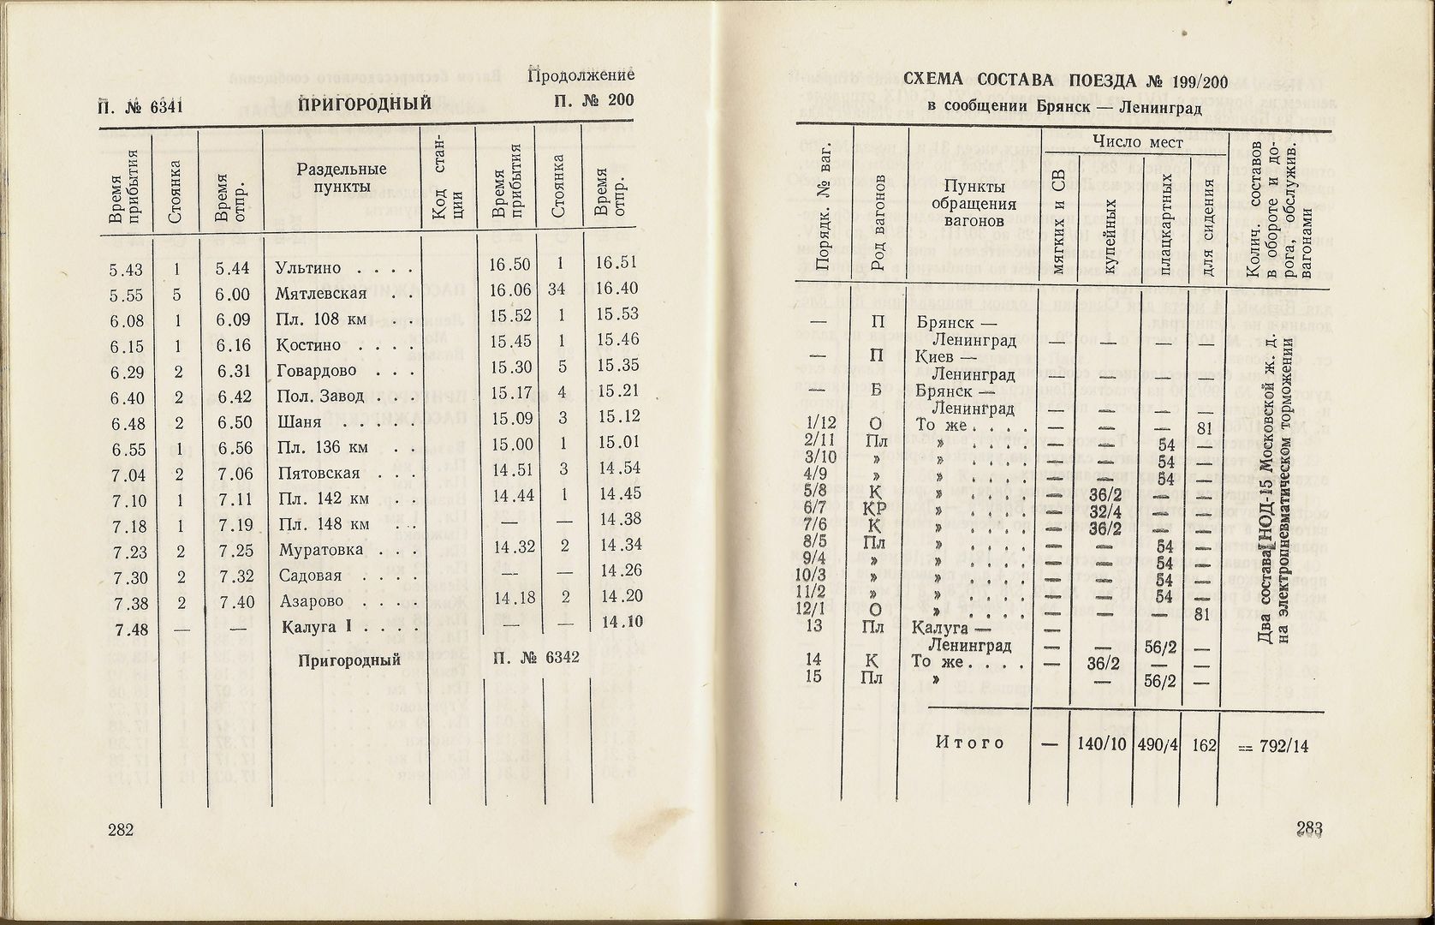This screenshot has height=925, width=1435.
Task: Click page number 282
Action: pos(122,829)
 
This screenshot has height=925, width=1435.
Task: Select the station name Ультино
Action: pos(308,268)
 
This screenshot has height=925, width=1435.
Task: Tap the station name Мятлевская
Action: pos(323,294)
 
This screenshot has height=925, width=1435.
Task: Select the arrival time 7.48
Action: pos(126,629)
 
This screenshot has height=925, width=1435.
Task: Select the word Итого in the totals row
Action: pos(969,743)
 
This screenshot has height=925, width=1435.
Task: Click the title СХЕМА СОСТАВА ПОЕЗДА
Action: pos(1022,82)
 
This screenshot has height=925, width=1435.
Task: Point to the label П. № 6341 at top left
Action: pos(140,106)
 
